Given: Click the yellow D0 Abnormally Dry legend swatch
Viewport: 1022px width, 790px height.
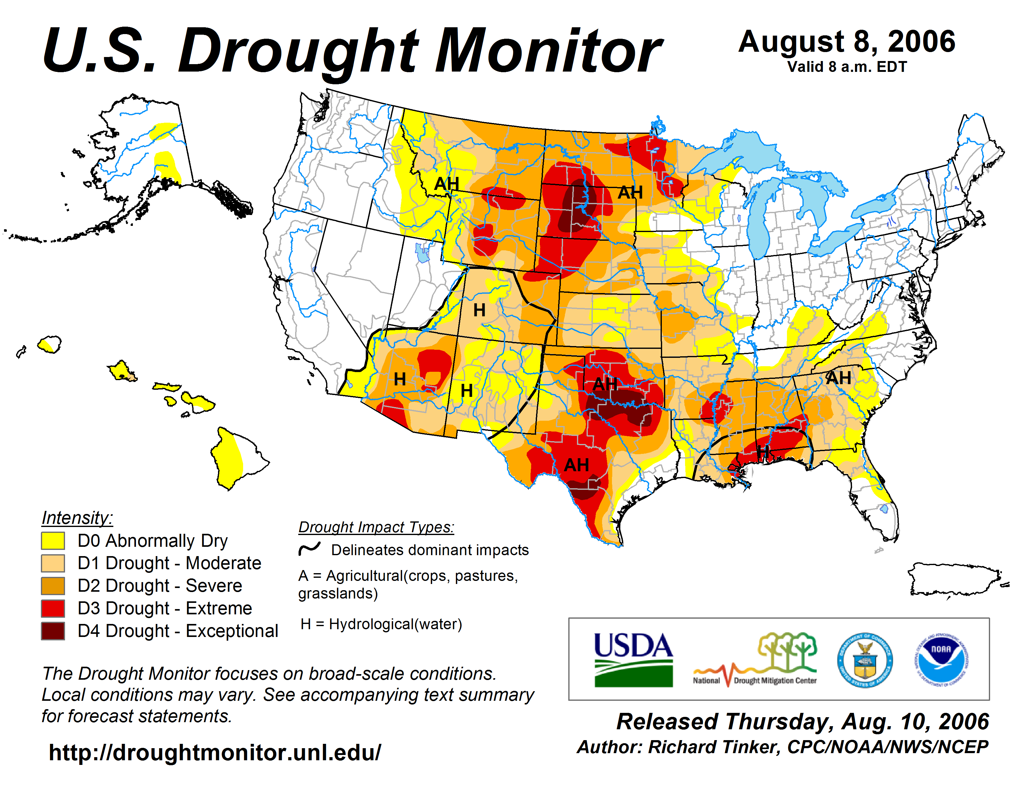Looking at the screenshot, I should coord(53,541).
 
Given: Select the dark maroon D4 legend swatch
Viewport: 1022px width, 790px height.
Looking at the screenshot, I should coord(53,631).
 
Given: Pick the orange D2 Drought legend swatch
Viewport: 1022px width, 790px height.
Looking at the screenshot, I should coord(53,586).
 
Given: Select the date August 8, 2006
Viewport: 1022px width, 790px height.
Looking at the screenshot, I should coord(846,42).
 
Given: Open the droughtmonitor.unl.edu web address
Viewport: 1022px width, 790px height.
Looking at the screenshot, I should coord(215,753).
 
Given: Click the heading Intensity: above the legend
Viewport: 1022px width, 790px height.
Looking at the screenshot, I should coord(77,518).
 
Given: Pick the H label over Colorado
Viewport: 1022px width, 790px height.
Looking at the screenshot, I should coord(479,310).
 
